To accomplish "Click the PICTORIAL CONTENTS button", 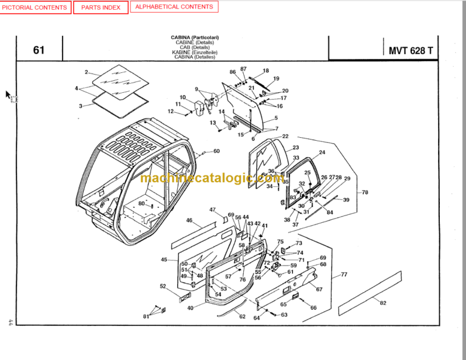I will coord(35,7).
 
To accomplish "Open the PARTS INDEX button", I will coord(101,7).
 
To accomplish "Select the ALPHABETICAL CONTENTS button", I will coord(174,7).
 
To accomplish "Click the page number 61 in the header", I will coord(39,50).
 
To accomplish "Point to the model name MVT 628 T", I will coord(411,50).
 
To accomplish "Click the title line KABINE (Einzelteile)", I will coord(195,52).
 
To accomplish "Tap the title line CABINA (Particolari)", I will coord(195,38).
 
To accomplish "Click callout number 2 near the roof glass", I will coord(87,72).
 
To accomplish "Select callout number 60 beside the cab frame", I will coord(217,151).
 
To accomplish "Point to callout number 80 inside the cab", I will coord(141,203).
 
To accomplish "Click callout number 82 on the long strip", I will coord(383,302).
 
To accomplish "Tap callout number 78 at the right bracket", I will coord(365,192).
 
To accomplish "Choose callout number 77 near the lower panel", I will coord(344,274).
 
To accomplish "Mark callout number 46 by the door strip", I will coord(189,220).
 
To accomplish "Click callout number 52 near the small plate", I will coord(163,286).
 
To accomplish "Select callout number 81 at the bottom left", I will coord(146,316).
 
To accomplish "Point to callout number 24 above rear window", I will coord(322,152).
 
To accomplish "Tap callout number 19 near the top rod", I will coord(276,78).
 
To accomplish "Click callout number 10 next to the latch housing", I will coord(183,97).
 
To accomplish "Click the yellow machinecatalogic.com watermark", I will coord(211,178).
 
